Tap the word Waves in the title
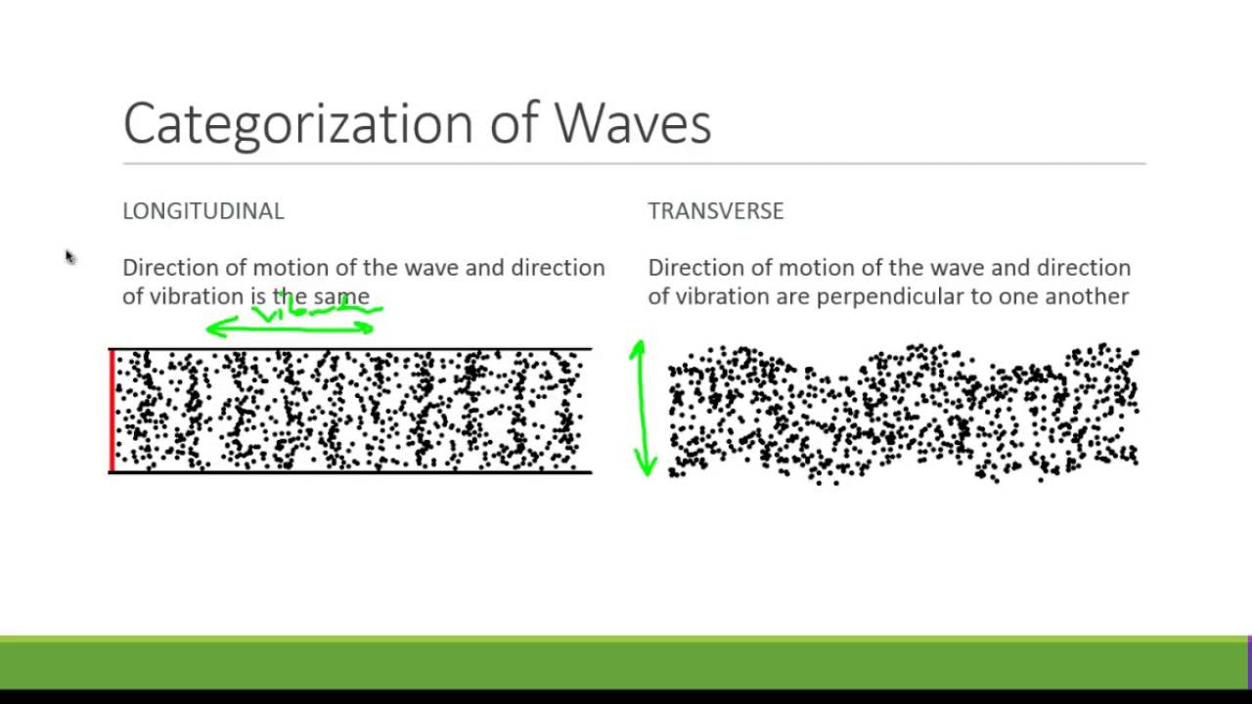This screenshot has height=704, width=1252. (632, 124)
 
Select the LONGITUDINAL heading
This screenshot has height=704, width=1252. (203, 211)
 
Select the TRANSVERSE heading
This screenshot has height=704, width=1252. (716, 211)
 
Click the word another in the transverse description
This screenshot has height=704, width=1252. (1087, 296)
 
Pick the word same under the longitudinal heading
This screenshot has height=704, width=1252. (341, 297)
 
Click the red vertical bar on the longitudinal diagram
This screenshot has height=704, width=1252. (112, 411)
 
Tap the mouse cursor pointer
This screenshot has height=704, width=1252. (69, 256)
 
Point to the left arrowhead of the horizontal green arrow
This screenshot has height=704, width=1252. (212, 329)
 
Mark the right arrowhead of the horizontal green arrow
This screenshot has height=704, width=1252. (368, 329)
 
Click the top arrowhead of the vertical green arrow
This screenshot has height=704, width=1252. (639, 347)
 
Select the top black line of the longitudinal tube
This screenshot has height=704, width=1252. (352, 349)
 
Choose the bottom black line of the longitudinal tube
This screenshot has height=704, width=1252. (352, 472)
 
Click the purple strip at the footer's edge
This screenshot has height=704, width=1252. (1249, 662)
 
